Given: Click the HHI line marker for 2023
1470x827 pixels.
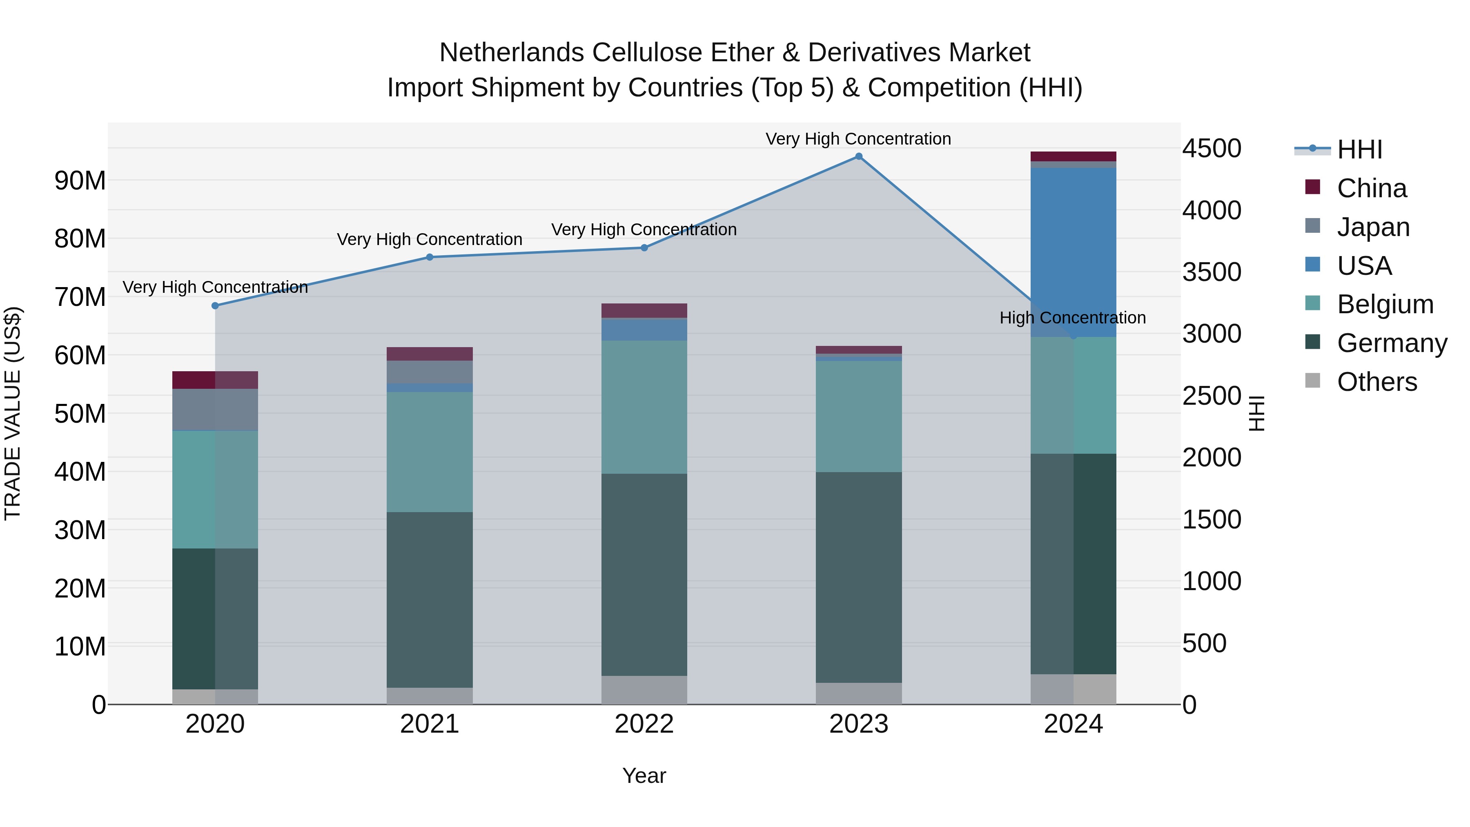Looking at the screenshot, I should (x=858, y=156).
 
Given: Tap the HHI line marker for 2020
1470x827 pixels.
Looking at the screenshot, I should (x=215, y=306).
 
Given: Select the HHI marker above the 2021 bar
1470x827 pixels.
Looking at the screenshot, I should (x=430, y=257).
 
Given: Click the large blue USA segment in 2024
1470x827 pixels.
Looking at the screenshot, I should (x=1073, y=251).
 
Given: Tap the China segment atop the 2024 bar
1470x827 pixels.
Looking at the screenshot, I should (x=1073, y=156).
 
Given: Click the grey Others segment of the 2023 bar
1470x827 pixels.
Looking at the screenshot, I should (x=858, y=693).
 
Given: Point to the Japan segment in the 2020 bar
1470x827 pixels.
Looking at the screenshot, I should (x=215, y=409).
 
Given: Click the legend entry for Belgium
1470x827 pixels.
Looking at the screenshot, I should (x=1384, y=304).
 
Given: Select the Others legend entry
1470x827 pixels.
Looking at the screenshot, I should (x=1376, y=382).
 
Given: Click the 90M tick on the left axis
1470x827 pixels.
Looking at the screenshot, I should (x=80, y=181).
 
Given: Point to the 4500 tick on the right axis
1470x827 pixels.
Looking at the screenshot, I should (x=1211, y=148).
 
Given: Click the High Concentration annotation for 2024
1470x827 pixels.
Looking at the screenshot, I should (x=1072, y=318).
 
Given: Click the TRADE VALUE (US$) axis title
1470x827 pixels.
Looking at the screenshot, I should (x=13, y=413).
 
